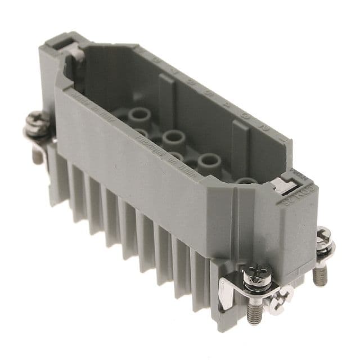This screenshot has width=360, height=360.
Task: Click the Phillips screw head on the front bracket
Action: click(251, 275)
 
